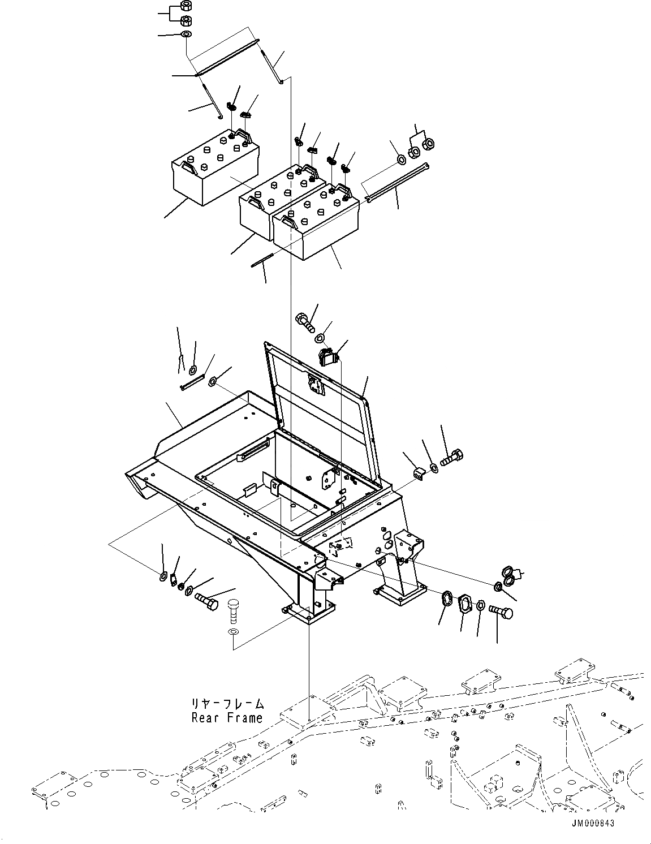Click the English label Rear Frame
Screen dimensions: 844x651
pos(227,718)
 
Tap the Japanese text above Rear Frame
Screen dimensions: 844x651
pos(227,704)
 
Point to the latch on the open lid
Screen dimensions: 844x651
pos(314,386)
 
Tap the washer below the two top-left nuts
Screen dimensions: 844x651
pos(186,35)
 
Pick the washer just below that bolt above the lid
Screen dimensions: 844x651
pos(319,338)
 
